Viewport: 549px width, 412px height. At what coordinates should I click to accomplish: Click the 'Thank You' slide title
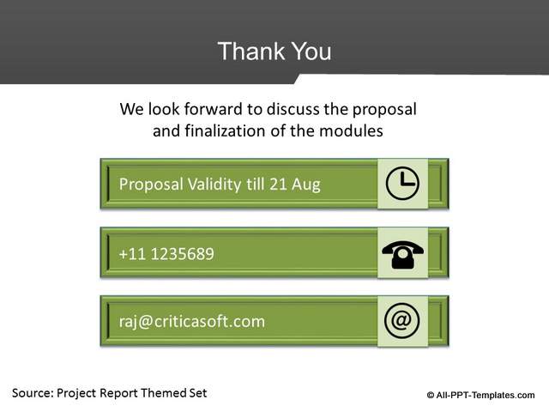click(x=274, y=51)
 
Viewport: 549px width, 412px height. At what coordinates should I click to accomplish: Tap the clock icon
click(x=402, y=184)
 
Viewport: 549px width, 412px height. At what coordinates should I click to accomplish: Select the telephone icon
click(x=402, y=253)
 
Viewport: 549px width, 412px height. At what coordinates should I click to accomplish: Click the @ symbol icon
click(x=402, y=321)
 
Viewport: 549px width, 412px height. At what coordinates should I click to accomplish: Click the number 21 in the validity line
click(x=281, y=184)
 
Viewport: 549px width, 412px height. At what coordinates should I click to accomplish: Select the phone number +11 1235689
click(x=166, y=253)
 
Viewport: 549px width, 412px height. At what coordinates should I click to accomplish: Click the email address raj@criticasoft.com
click(x=191, y=322)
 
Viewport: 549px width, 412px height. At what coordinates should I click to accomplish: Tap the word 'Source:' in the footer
click(x=32, y=393)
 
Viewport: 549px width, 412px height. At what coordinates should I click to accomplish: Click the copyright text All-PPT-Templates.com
click(x=486, y=395)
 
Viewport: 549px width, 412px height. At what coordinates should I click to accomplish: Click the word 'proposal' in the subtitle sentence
click(x=385, y=111)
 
